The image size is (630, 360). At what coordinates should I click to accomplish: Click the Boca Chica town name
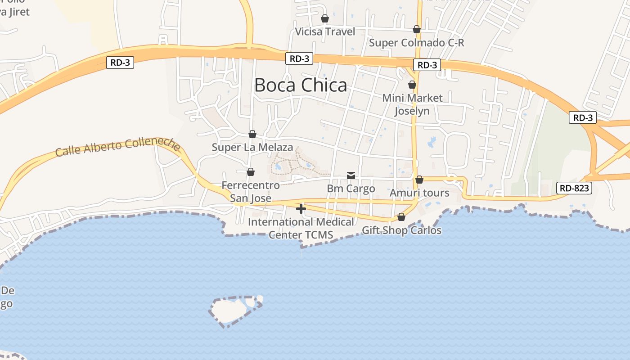301,85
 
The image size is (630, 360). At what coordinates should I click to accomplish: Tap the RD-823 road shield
574,188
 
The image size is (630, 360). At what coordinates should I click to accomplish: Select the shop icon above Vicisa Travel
325,18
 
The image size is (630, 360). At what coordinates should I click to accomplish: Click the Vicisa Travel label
325,31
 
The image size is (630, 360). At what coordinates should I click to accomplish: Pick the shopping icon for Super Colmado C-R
417,29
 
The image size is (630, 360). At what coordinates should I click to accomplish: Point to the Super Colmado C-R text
416,43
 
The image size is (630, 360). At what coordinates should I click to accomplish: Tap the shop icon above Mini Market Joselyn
412,84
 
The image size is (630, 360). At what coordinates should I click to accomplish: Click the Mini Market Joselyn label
412,104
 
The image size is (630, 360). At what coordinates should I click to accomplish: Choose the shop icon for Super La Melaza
252,134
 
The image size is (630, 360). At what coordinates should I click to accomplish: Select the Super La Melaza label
252,147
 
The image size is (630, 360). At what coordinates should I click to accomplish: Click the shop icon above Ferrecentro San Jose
251,172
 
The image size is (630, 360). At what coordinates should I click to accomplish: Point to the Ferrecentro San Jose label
251,192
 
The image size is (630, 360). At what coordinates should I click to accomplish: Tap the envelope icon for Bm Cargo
351,175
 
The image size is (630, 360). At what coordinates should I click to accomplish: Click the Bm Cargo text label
351,189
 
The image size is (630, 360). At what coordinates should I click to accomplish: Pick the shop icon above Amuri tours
419,180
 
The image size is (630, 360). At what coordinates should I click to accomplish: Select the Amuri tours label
419,193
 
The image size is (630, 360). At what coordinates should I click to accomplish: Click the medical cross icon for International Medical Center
301,208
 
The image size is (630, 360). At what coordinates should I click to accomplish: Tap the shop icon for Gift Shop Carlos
401,217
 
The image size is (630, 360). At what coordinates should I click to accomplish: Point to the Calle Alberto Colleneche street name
118,147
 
